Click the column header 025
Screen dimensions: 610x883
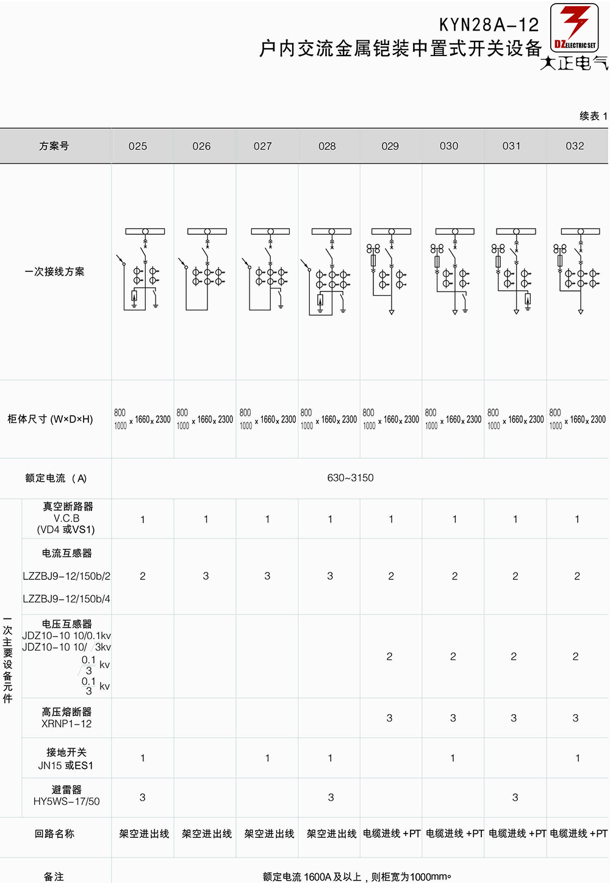(138, 146)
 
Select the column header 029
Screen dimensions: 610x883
(390, 146)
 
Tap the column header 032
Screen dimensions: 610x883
(575, 146)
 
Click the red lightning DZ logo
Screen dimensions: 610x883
(574, 27)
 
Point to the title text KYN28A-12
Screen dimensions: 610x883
(489, 25)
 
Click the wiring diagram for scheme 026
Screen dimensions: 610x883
(204, 270)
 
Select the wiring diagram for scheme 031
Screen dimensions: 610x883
(514, 271)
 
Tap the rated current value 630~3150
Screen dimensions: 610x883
(350, 477)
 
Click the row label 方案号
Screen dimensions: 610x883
(54, 146)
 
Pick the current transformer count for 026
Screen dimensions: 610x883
(206, 576)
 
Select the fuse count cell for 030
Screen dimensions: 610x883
(453, 718)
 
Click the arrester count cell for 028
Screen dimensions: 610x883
(331, 798)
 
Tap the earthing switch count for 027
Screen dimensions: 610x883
(267, 757)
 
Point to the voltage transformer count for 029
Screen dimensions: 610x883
(390, 656)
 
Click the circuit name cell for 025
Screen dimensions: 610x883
(144, 834)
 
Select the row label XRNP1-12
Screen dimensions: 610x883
(66, 724)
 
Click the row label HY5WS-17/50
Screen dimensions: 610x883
(66, 801)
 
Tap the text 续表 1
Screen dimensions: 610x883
(593, 116)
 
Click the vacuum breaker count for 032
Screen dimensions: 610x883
(577, 519)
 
